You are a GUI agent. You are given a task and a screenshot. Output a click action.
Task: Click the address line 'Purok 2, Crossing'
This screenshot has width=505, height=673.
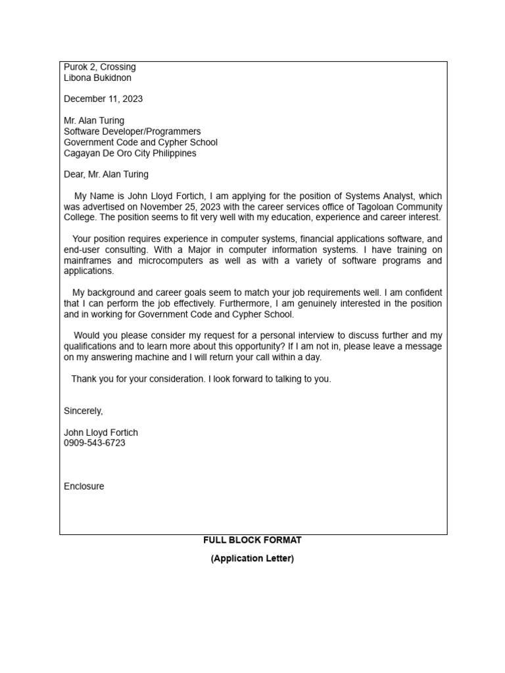(x=100, y=67)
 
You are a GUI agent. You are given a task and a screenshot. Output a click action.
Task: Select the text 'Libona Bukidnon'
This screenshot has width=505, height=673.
(x=97, y=78)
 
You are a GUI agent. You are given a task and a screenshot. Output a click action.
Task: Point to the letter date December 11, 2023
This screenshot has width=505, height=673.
(x=103, y=99)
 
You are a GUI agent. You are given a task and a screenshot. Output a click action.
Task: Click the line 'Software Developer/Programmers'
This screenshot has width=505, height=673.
(x=132, y=131)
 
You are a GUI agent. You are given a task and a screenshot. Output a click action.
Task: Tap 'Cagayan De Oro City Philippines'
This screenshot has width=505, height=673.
(x=130, y=153)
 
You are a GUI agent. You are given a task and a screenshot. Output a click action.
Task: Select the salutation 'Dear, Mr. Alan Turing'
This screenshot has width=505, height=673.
(x=106, y=175)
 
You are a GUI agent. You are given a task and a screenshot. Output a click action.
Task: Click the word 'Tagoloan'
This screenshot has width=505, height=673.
(x=366, y=207)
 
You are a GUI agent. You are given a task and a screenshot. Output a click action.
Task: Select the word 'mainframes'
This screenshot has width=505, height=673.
(x=86, y=261)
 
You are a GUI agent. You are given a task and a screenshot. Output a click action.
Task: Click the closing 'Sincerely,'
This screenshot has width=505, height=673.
(x=84, y=411)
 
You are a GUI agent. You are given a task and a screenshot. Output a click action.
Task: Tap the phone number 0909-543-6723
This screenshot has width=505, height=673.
(x=95, y=444)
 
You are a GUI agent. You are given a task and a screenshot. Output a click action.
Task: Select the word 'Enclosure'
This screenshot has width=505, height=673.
(x=84, y=487)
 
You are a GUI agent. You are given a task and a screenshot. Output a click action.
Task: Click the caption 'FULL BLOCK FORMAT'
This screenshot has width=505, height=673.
(x=252, y=540)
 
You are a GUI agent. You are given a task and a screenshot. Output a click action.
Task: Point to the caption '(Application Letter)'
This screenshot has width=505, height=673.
(x=252, y=559)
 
